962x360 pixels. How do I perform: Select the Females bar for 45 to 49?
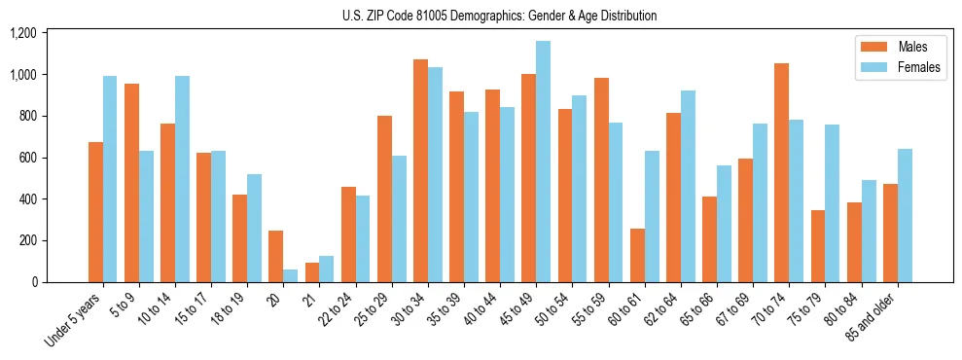coord(543,162)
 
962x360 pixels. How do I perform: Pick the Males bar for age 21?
coord(312,272)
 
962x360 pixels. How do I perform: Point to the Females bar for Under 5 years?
coord(110,179)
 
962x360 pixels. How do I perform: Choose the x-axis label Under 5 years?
coord(74,318)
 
